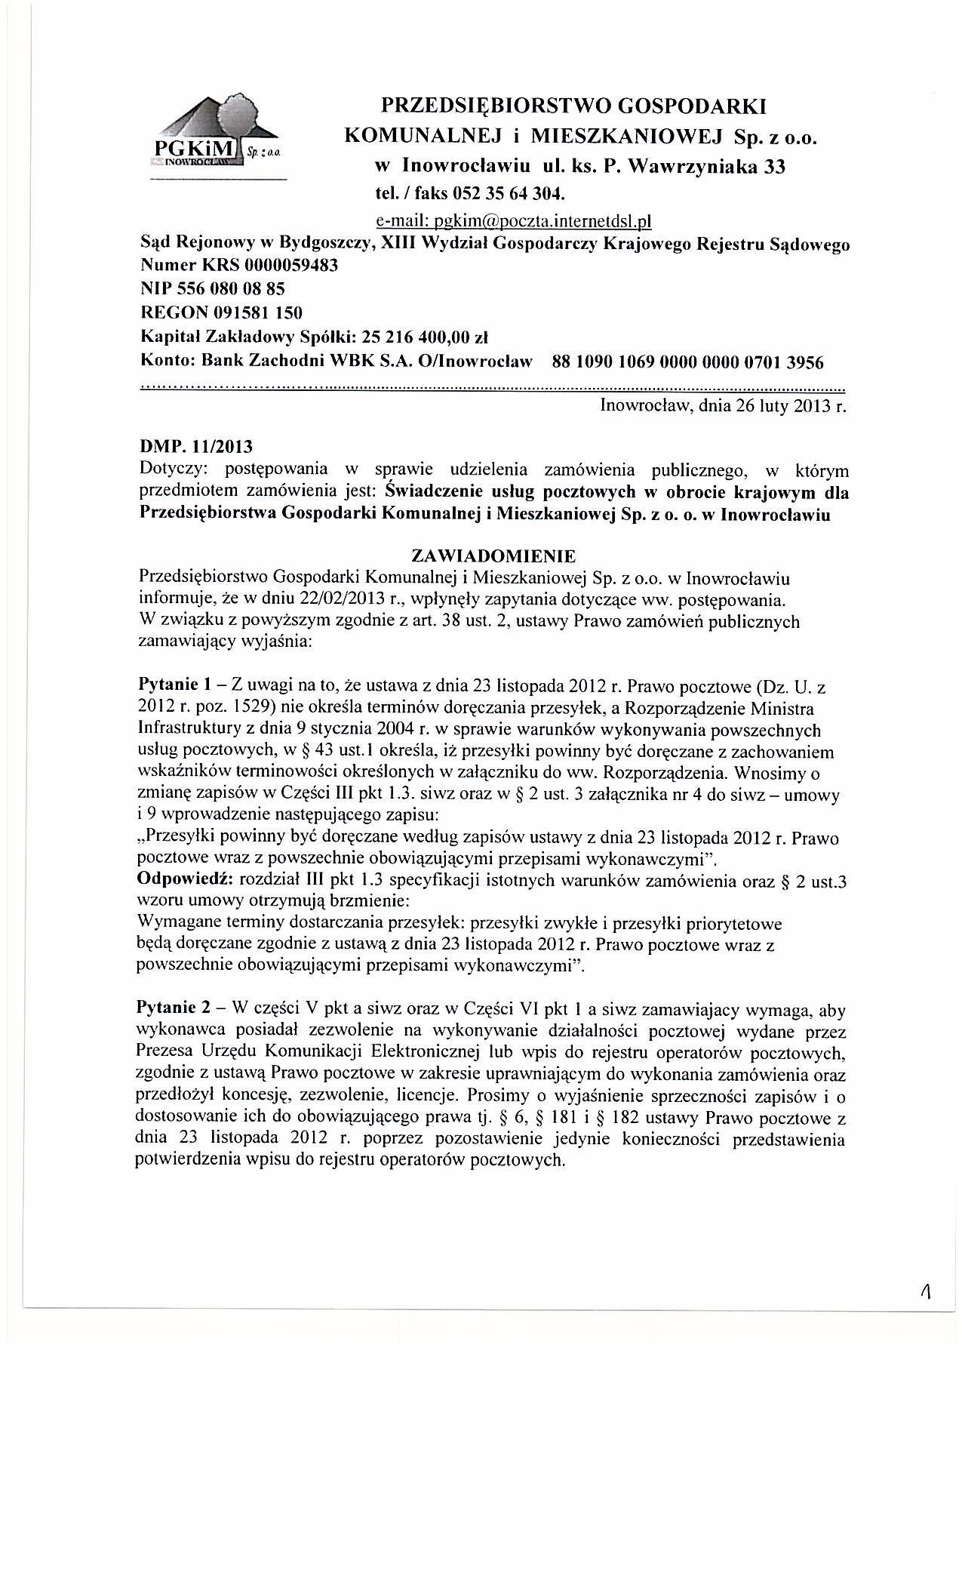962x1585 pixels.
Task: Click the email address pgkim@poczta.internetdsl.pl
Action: click(x=512, y=221)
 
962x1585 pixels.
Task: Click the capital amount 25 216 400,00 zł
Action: click(x=426, y=334)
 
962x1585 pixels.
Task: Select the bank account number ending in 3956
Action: click(x=688, y=362)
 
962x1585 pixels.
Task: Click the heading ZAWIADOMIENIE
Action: click(x=493, y=556)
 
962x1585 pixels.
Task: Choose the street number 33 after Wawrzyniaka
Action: click(x=774, y=167)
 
